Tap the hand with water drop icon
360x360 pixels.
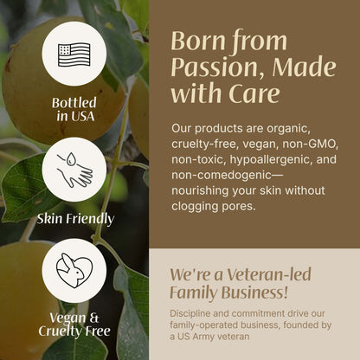[x=74, y=170]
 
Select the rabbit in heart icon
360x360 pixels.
[x=74, y=270]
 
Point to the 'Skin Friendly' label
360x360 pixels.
[x=75, y=219]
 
